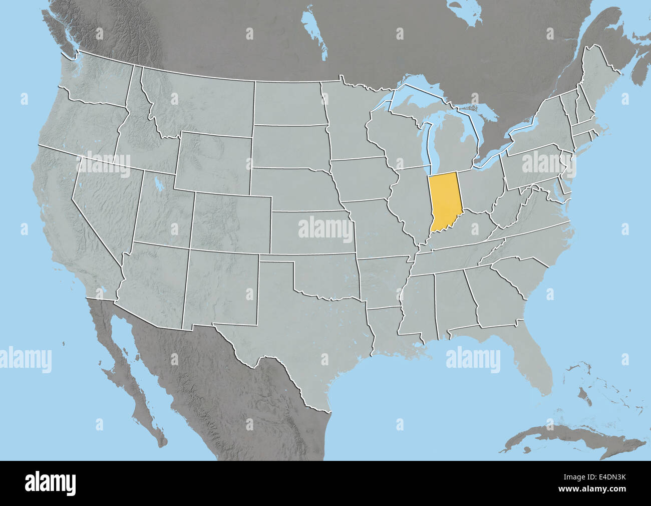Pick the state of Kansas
pyautogui.click(x=310, y=233)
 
